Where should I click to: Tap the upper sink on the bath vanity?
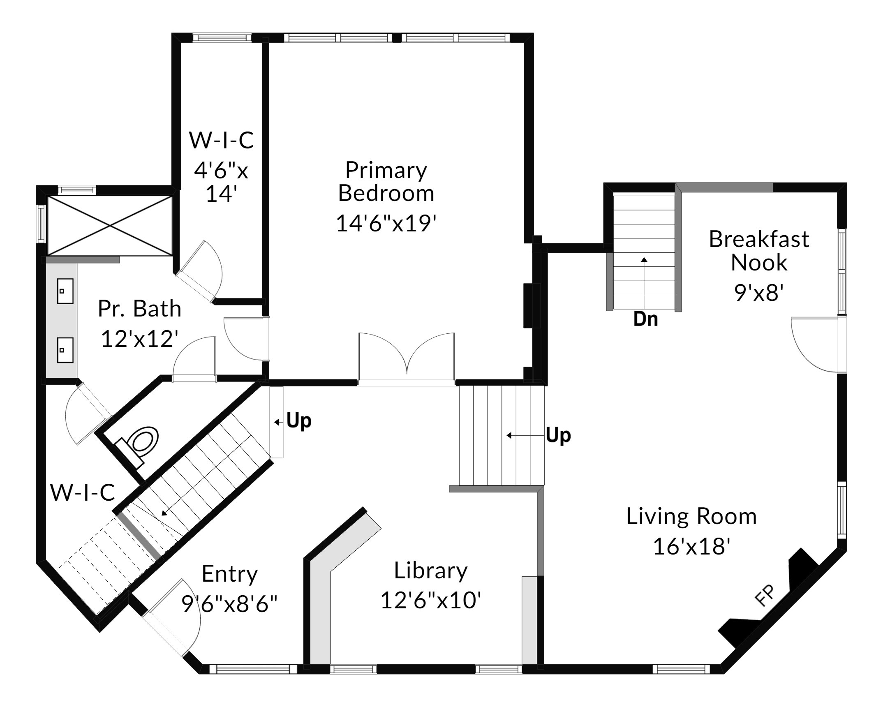click(65, 291)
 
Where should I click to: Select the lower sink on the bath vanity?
click(65, 350)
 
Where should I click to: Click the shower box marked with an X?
click(110, 226)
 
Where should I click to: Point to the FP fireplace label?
click(765, 595)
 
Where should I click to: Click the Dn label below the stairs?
click(645, 319)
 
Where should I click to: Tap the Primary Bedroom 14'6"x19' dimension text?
click(386, 224)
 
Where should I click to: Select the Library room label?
click(431, 571)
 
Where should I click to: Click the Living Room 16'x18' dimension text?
click(691, 547)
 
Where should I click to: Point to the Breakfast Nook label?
click(759, 251)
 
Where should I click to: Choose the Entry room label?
click(230, 574)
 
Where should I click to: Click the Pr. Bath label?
click(140, 309)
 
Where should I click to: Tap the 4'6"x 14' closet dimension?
click(222, 182)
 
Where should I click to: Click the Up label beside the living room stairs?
click(558, 435)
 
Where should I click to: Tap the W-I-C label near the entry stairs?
click(83, 492)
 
